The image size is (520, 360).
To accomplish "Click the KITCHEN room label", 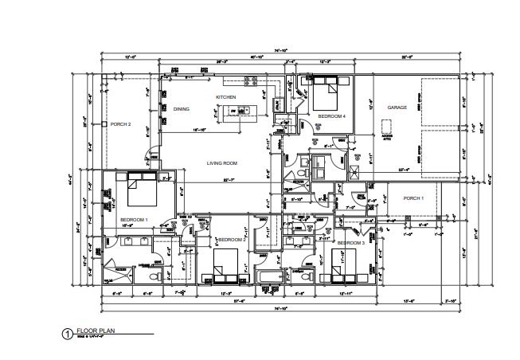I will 226,97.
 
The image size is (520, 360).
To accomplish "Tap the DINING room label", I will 182,108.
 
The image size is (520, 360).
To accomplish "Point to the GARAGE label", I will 397,108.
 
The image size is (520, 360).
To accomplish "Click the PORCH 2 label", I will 120,123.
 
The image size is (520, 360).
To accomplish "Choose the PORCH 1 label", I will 413,198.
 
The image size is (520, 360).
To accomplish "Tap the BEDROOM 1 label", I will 132,218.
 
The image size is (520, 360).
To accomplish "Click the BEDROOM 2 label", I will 232,239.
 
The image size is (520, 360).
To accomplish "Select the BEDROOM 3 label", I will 350,242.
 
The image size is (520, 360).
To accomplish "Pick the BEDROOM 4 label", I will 331,116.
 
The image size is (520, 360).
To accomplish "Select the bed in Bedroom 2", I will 226,264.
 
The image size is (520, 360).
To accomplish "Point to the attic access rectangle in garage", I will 388,127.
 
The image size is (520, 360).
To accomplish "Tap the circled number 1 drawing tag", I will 67,334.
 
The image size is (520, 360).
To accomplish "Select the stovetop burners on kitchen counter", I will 253,80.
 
